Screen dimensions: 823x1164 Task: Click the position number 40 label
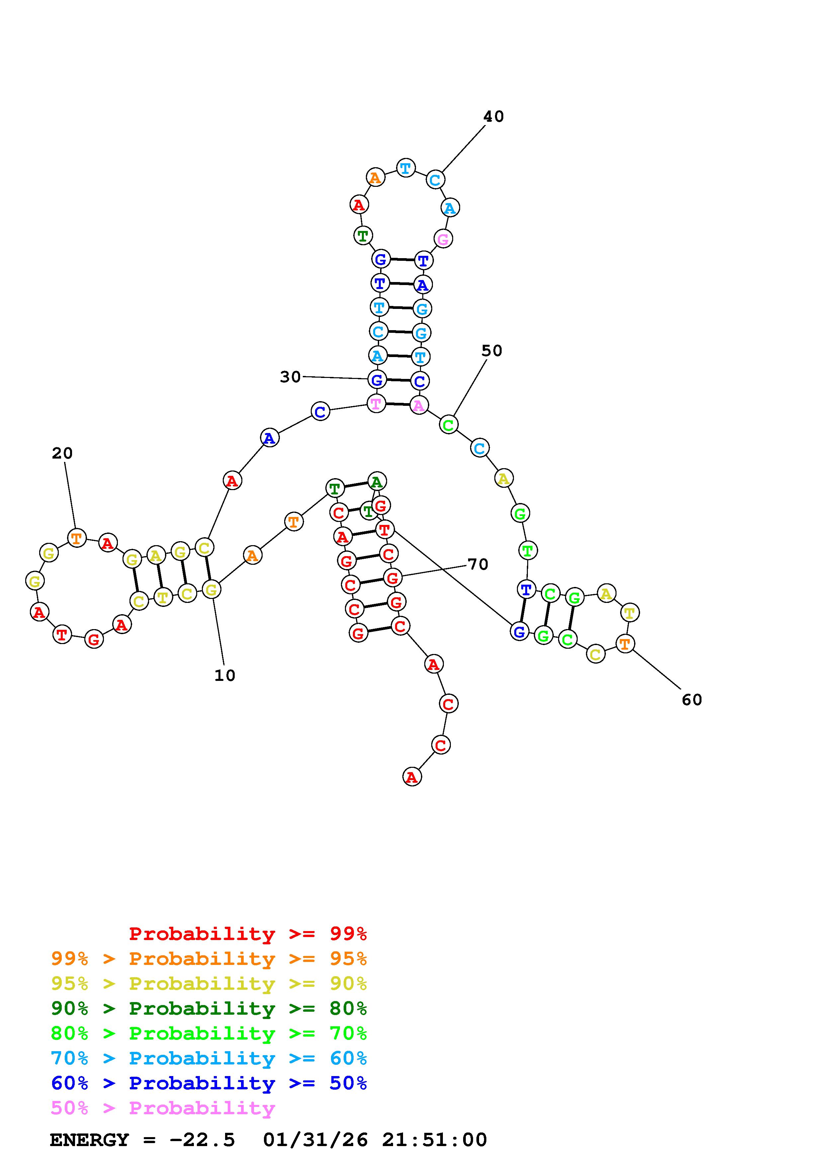click(493, 116)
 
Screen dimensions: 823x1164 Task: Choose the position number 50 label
click(491, 351)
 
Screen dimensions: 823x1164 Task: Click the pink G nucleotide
click(443, 239)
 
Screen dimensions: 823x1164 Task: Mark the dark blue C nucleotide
click(320, 411)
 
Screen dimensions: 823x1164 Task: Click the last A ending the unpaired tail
click(412, 777)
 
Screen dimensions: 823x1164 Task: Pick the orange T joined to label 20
click(77, 538)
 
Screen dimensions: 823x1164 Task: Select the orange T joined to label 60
click(625, 644)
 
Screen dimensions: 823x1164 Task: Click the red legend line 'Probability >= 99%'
click(248, 933)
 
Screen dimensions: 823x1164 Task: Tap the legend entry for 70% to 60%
click(209, 1058)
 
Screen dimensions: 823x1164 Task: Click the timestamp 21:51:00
click(435, 1140)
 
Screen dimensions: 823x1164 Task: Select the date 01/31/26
click(315, 1140)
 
